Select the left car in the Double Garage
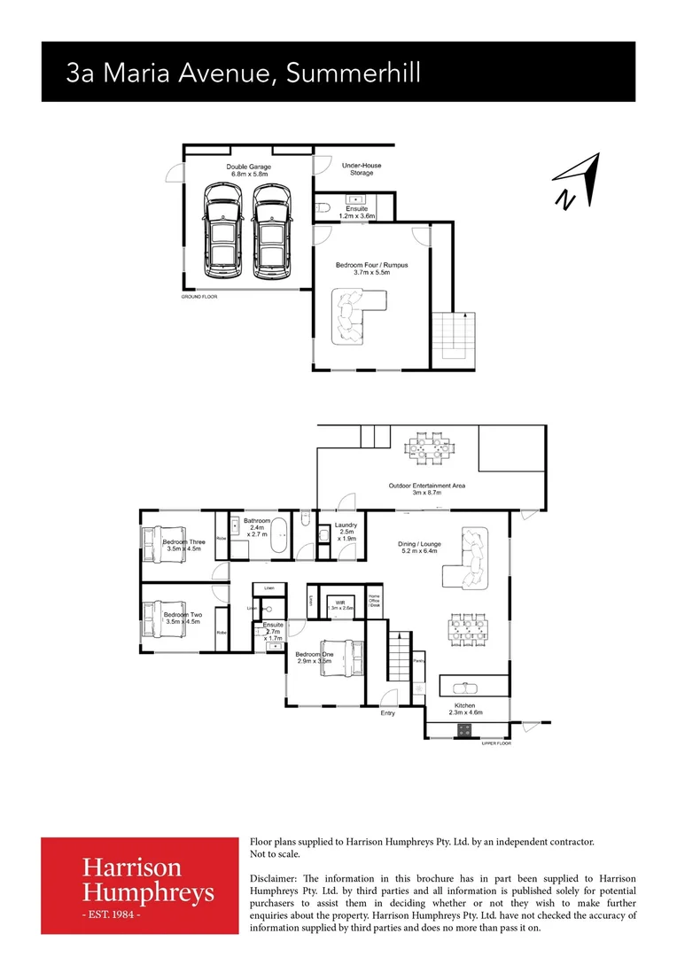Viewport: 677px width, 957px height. pos(221,231)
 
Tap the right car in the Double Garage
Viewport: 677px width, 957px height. pos(270,231)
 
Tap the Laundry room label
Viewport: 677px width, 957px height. pos(346,532)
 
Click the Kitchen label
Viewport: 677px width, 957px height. pos(465,706)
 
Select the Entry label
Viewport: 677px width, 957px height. pos(388,712)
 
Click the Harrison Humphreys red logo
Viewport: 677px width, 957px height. pos(140,884)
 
